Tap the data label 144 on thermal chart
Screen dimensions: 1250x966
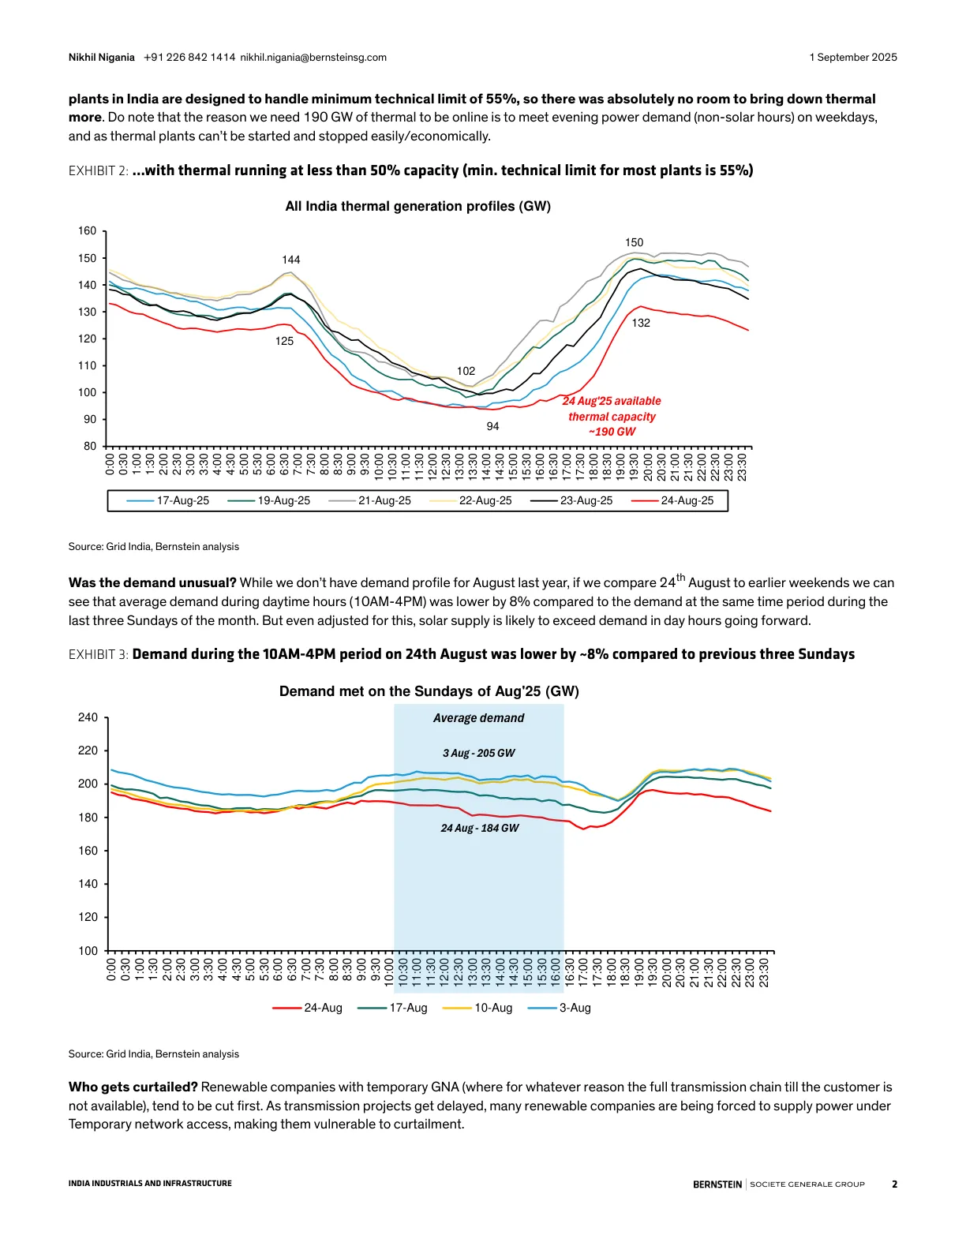click(291, 260)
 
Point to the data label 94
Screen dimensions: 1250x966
click(492, 426)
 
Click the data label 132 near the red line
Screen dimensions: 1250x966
click(641, 323)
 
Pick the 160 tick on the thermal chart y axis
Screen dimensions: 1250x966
click(87, 231)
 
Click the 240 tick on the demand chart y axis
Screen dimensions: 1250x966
click(88, 717)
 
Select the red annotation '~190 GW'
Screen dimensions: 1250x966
click(612, 432)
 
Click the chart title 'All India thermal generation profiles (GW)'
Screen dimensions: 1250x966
click(417, 206)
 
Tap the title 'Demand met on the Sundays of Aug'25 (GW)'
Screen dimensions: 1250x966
click(429, 691)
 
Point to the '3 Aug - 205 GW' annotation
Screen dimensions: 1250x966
click(478, 753)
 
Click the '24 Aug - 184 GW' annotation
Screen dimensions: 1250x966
click(479, 828)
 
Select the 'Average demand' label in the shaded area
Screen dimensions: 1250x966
click(478, 718)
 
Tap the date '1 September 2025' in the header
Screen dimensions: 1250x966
click(852, 58)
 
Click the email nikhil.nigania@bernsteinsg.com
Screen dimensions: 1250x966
click(313, 58)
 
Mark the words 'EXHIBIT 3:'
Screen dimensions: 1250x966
click(98, 654)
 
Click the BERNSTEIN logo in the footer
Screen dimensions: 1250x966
click(717, 1184)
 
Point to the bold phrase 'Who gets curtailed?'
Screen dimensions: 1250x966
click(133, 1087)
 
